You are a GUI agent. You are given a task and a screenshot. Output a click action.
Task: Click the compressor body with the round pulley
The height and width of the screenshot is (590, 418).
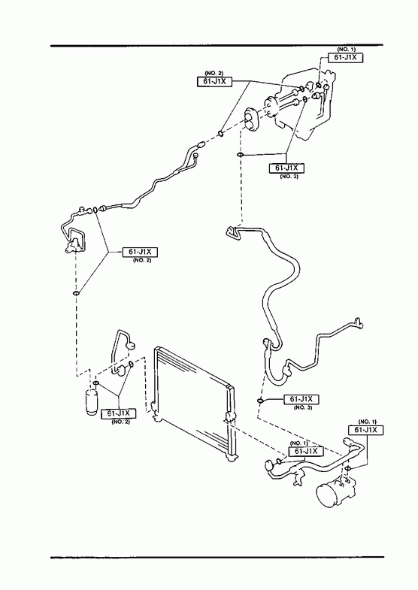[334, 492]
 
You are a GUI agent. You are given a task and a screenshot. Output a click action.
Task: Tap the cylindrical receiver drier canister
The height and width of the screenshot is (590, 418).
[91, 403]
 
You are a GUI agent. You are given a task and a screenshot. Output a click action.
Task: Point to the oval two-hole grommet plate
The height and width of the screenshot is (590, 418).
[250, 120]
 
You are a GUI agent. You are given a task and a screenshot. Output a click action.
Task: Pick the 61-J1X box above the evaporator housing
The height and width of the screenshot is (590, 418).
[345, 58]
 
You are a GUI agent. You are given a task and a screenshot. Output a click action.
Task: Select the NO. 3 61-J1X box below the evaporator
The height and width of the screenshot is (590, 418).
[286, 168]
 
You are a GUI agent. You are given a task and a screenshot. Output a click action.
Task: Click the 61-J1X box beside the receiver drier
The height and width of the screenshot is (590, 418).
[119, 413]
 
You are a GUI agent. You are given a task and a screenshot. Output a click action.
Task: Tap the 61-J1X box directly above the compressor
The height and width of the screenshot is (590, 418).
[366, 430]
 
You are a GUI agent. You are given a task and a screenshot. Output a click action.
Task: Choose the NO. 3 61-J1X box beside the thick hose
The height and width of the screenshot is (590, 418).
[301, 399]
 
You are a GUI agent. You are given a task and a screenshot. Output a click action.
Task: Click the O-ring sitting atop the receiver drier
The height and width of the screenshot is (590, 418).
[95, 383]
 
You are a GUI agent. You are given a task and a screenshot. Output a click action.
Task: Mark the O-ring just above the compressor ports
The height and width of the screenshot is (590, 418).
[348, 468]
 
